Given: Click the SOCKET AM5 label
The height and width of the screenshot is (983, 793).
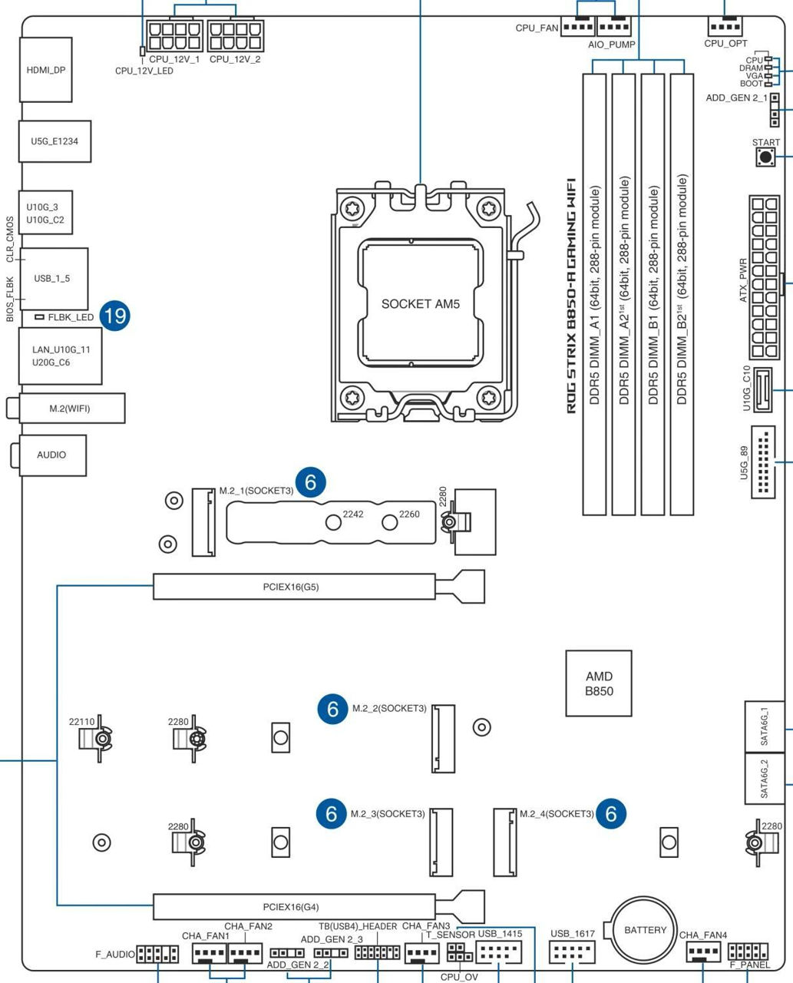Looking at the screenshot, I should pos(420,303).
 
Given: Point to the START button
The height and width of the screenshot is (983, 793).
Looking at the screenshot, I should pos(765,157).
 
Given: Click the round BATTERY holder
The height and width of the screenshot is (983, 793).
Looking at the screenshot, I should pos(645,930).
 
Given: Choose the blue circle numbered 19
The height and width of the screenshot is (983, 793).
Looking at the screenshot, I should pos(114,316).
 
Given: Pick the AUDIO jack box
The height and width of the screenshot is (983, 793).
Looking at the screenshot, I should pos(51,455).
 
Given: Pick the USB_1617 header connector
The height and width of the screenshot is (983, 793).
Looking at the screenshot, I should pos(573,954).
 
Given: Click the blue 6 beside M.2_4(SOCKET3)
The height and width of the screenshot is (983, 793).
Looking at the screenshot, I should pos(611,813).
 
